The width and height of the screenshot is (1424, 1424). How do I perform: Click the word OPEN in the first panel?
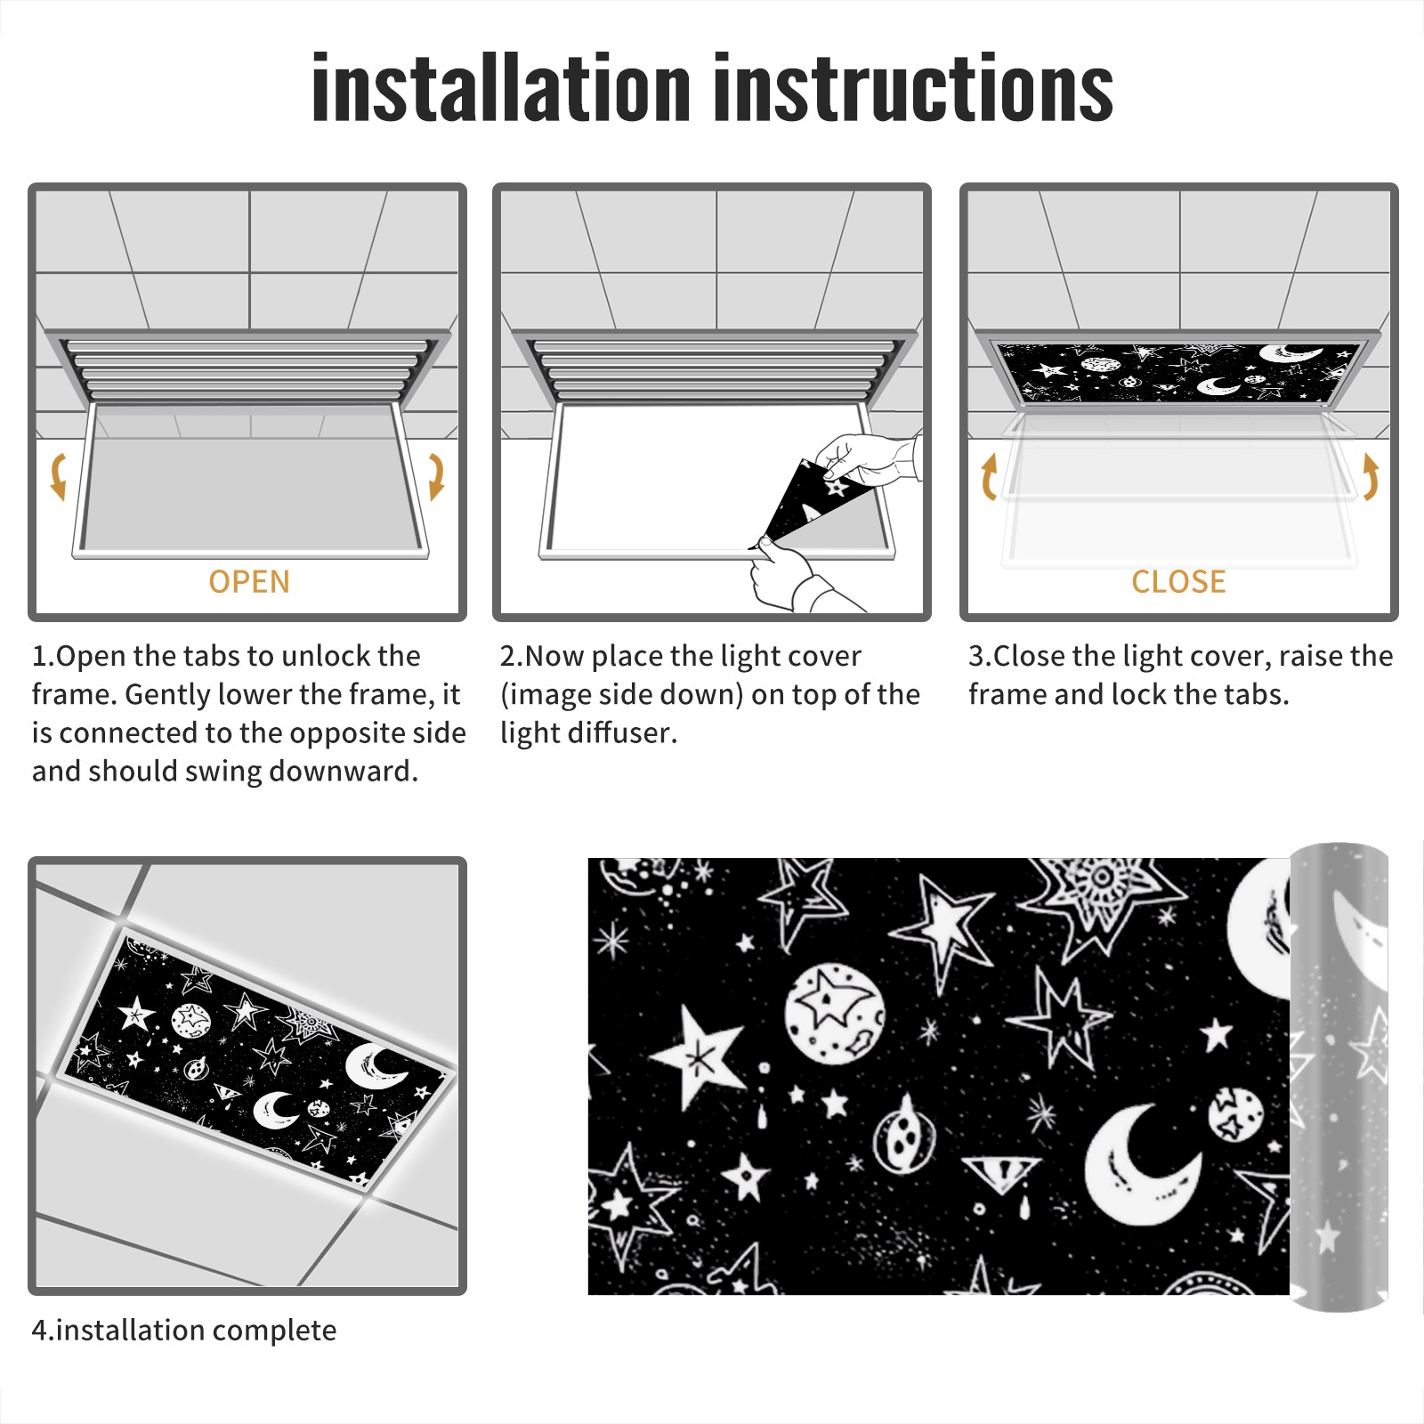pos(249,582)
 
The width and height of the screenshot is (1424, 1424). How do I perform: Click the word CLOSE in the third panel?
pos(1178,582)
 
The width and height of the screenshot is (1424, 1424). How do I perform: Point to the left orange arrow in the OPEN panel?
pos(58,476)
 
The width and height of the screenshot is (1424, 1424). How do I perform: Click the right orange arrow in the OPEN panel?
pos(436,476)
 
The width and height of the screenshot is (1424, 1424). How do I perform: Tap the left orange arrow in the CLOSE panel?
pos(989,476)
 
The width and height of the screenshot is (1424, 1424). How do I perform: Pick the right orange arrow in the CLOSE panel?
pos(1371,476)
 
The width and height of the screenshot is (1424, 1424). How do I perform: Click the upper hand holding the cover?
pos(868,458)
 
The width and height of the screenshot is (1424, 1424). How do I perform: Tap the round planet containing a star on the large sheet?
pos(834,1014)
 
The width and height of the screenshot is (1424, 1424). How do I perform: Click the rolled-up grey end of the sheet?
pos(1339,1077)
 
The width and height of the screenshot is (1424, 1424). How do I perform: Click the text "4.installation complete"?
pos(184,1331)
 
